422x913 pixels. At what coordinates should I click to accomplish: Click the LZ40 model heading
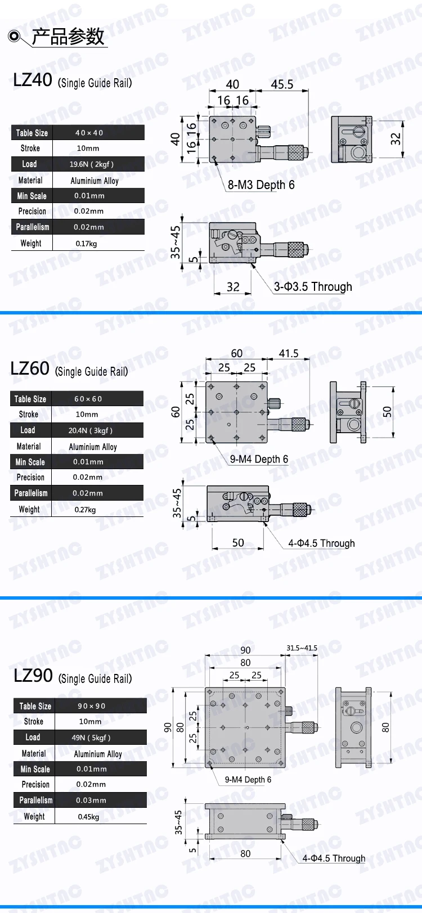(x=33, y=80)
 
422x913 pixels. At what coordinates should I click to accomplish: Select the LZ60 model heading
(x=30, y=368)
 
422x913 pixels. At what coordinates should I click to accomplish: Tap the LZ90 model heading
(x=33, y=676)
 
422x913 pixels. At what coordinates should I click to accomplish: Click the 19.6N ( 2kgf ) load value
(x=91, y=164)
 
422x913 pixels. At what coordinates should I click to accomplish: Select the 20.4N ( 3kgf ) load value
(x=90, y=430)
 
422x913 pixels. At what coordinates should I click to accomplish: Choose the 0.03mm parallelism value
(x=91, y=800)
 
